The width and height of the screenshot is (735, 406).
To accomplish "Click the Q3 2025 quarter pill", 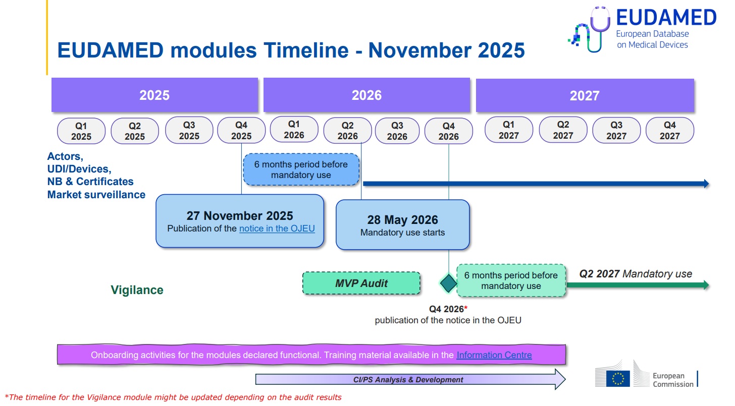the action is coord(189,130).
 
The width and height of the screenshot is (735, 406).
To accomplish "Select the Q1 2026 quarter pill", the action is coord(294,129).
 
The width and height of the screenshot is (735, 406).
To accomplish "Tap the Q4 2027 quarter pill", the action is coord(670,130).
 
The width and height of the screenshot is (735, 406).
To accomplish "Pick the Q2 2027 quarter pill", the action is coord(563,130).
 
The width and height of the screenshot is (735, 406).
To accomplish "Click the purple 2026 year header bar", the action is coord(366,95).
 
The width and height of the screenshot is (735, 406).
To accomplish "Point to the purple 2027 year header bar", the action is coord(585,95).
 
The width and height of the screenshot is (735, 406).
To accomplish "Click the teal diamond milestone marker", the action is coord(449,283).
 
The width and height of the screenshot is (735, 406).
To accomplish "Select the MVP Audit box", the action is coord(361,283).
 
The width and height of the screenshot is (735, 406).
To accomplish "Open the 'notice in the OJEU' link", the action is coord(277,228).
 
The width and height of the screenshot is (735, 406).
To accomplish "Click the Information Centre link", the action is coord(494,355).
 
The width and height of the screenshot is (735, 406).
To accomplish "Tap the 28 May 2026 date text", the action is coord(403,220).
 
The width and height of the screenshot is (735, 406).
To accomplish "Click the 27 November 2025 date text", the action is coord(240,216).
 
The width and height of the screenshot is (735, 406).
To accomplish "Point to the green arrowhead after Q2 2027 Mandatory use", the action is coord(706,285).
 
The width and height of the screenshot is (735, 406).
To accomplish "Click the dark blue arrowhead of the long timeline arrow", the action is coord(706,184).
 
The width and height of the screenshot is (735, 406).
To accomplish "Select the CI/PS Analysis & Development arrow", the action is coord(410,379).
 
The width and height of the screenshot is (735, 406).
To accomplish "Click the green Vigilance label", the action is coord(137,290).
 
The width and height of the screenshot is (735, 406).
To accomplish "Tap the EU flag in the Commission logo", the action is coord(618,379).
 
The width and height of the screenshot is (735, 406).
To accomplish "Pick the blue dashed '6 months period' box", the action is coord(301,169).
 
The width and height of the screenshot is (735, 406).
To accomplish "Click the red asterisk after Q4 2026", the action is coord(466,308).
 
